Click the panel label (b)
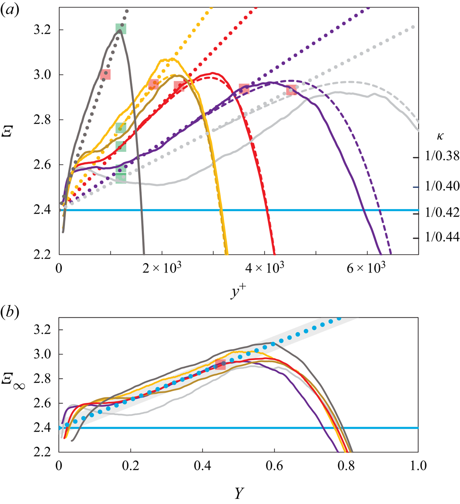8,313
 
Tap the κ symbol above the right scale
440,137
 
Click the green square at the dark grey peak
121,29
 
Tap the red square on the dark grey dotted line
105,74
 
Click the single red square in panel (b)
220,364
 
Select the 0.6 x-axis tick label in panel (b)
274,465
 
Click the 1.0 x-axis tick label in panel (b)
418,465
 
